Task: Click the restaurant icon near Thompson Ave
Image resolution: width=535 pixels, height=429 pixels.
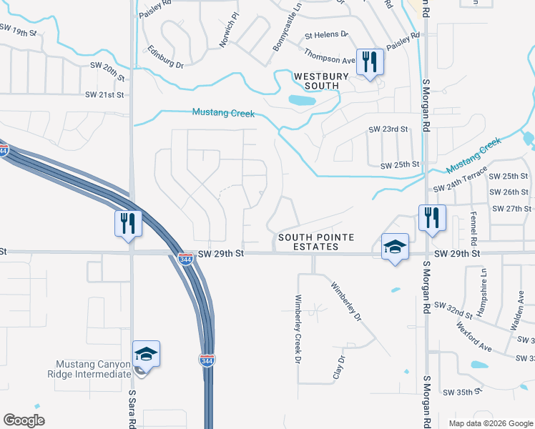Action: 369,61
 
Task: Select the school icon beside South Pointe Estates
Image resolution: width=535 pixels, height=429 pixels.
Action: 395,247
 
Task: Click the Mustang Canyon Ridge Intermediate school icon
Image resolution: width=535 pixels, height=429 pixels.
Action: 146,353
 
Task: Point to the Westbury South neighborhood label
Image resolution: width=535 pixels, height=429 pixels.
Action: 316,81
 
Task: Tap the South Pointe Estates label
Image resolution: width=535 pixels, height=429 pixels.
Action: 308,242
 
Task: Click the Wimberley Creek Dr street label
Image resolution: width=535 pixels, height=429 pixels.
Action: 298,328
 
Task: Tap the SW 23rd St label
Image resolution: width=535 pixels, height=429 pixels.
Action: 388,129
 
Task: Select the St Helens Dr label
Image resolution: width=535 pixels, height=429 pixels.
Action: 326,34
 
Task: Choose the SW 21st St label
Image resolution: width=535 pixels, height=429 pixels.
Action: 104,94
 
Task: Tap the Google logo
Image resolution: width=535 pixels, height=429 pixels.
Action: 24,420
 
